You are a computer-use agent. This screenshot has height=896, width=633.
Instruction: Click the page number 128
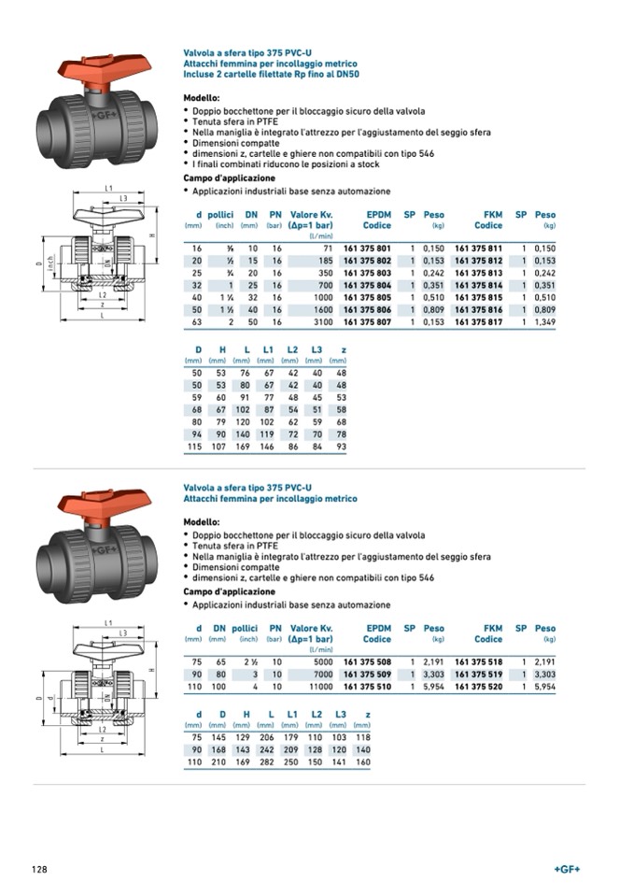point(39,870)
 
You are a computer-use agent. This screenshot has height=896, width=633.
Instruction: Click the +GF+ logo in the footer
point(567,870)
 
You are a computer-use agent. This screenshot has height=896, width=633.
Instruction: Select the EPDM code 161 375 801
point(367,249)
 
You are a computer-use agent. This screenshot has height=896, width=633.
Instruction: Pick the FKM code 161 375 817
point(478,322)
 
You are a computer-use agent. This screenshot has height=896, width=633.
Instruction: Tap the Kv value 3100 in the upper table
point(321,322)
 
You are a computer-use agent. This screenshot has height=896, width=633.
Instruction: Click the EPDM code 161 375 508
point(367,661)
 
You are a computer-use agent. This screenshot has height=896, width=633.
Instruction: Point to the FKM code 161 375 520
point(478,685)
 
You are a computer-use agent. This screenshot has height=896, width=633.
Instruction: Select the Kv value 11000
point(318,685)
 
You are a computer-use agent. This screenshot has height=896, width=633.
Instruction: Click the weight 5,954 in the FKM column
point(543,685)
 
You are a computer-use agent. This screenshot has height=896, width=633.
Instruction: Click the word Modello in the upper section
point(201,97)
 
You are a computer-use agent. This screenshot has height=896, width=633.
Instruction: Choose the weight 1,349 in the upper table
point(543,322)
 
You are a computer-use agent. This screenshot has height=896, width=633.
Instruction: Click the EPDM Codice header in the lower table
point(377,634)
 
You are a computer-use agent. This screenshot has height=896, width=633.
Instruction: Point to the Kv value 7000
point(321,673)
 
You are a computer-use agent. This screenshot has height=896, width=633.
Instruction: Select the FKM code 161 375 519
point(478,673)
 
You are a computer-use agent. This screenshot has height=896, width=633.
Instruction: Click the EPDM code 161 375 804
point(367,285)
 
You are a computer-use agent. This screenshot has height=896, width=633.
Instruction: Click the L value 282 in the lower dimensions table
point(267,762)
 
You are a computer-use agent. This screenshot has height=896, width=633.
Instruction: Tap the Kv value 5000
point(321,661)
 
